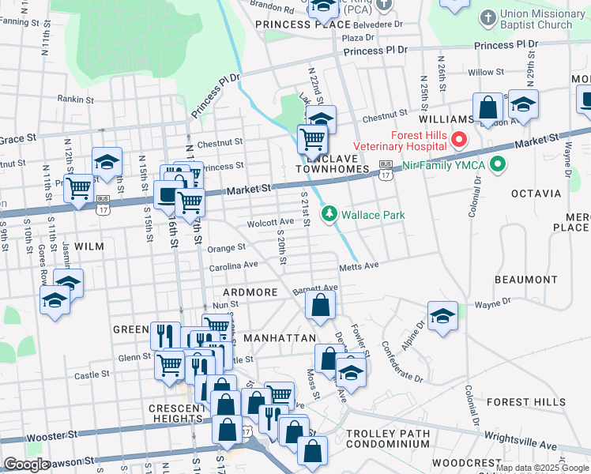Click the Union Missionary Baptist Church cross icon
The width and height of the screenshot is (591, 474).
[x=487, y=17]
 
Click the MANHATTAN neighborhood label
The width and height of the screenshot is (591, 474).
[x=280, y=337]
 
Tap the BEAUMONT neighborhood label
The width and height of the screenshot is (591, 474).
[x=525, y=280]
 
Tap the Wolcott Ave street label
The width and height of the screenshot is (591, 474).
[x=271, y=223]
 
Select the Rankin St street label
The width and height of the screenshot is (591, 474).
[x=75, y=100]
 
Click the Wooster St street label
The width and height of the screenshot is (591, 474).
[x=51, y=434]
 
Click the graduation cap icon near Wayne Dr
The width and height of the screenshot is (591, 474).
[x=443, y=316]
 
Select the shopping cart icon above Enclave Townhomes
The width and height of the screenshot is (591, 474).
[x=313, y=140]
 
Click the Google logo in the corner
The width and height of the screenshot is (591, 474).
[x=26, y=465]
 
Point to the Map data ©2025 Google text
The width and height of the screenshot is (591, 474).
[x=542, y=468]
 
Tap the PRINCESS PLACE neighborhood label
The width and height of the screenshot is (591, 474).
[x=303, y=24]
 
